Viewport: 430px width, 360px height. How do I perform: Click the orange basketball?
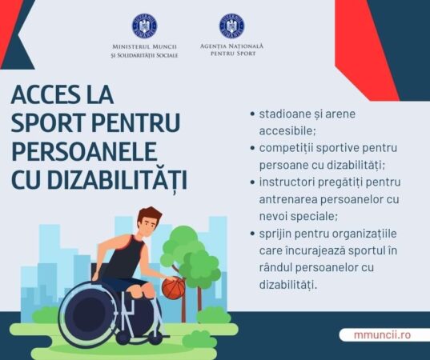tap(173, 287)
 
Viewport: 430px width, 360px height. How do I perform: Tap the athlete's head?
tap(149, 223)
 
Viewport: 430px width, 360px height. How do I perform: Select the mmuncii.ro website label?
tap(381, 334)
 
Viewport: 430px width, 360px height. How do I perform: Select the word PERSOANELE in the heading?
tap(84, 151)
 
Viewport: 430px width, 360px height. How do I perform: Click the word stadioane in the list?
tap(283, 114)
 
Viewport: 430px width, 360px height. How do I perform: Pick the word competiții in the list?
tap(289, 149)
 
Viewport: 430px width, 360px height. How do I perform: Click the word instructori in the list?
tap(289, 182)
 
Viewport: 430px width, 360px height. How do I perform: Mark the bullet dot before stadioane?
tap(252, 114)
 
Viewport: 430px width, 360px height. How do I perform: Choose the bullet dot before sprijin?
tap(252, 233)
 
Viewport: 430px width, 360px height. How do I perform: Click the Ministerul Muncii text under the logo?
tap(144, 51)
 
